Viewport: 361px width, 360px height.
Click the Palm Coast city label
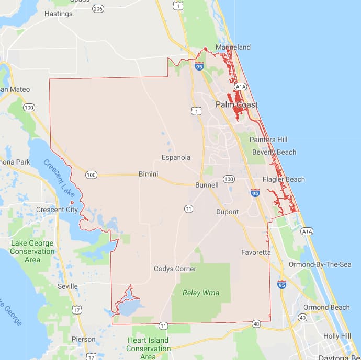[x=236, y=104]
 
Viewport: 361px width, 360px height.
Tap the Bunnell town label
[x=206, y=185]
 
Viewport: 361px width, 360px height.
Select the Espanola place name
[x=176, y=157]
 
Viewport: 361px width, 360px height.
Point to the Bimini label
[x=149, y=174]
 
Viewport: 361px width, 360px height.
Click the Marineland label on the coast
[x=233, y=47]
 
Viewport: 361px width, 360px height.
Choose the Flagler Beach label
[x=284, y=179]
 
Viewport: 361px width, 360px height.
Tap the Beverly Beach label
[x=274, y=152]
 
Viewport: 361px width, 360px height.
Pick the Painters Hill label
[x=268, y=140]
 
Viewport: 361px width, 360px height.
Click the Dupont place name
[x=227, y=212]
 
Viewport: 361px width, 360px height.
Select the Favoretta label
[x=256, y=252]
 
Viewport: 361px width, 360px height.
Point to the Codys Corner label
[x=175, y=269]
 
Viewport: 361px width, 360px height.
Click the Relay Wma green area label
[x=200, y=293]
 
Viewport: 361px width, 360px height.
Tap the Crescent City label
[x=57, y=210]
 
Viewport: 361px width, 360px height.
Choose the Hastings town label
[x=58, y=14]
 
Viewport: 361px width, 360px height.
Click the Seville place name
[x=67, y=286]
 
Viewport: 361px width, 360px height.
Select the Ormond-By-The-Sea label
[x=320, y=264]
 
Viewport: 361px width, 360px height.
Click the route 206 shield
[x=98, y=9]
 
